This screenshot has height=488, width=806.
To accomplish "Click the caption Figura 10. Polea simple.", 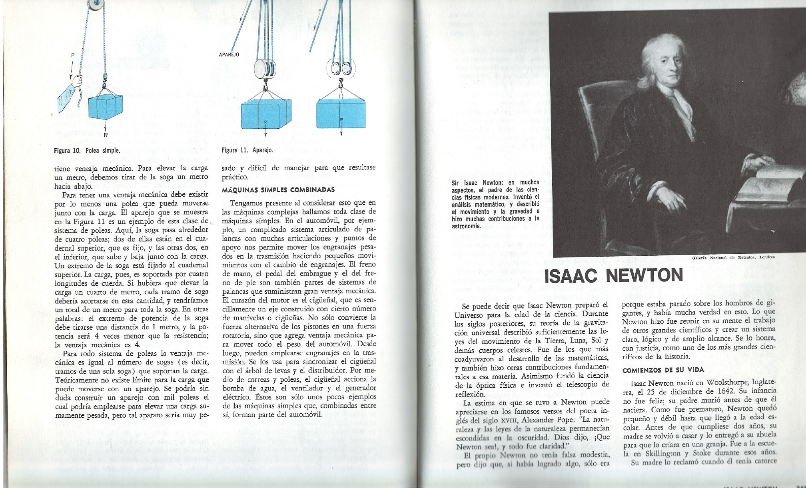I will [x=87, y=151].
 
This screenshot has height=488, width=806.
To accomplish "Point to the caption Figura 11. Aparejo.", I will [x=247, y=151].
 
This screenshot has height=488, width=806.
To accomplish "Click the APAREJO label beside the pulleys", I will [x=229, y=55].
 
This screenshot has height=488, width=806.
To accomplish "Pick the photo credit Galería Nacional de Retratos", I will [x=733, y=257].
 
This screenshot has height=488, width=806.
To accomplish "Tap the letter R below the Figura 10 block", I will [x=106, y=135].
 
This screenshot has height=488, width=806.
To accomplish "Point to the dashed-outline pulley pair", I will [x=341, y=69].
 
